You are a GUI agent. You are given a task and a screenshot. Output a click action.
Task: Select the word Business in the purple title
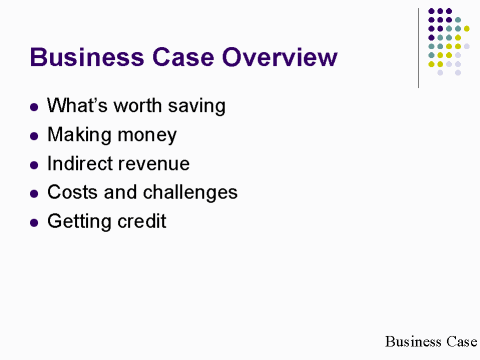click(x=87, y=57)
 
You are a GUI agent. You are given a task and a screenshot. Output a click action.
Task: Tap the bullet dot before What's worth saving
click(x=35, y=105)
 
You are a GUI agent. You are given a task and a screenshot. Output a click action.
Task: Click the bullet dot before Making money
click(x=35, y=134)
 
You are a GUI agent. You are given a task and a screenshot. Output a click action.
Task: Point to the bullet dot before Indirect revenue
click(x=35, y=163)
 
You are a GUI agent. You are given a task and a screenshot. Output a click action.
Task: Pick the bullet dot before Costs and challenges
click(x=35, y=192)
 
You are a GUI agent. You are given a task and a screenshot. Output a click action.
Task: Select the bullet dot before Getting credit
click(x=35, y=221)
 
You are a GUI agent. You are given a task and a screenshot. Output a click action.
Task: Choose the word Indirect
click(x=79, y=163)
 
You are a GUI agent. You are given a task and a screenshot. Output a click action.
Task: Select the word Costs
click(x=71, y=192)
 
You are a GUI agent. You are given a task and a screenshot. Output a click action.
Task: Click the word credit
click(x=140, y=221)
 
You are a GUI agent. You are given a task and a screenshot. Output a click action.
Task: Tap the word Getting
click(x=78, y=221)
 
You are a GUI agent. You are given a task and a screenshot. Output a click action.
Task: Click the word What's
click(x=76, y=105)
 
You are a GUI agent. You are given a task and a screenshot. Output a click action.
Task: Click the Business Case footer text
click(x=430, y=341)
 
